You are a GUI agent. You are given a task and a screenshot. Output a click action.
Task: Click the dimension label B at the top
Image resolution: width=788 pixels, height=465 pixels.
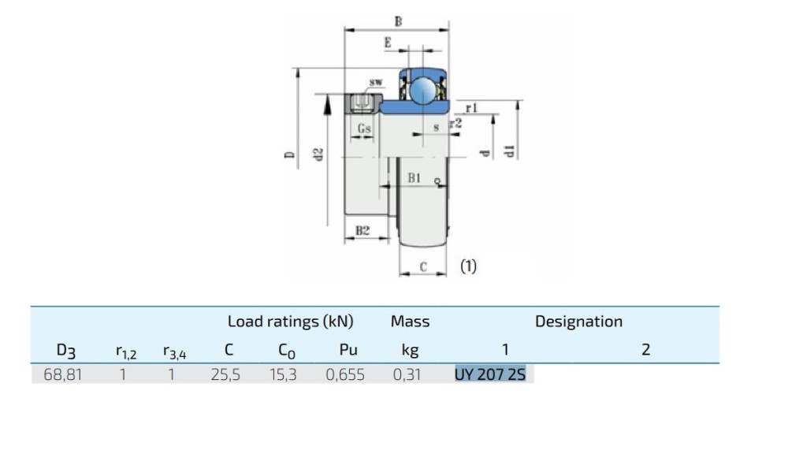pos(398,22)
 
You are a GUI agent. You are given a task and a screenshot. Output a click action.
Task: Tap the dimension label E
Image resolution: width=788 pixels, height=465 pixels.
pos(388,43)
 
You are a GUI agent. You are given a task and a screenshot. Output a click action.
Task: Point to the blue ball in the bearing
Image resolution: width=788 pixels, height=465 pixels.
pos(422,90)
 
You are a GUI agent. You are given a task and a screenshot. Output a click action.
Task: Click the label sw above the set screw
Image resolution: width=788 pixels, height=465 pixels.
pos(377,82)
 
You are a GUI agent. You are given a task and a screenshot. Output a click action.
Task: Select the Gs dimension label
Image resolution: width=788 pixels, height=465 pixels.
pos(364,128)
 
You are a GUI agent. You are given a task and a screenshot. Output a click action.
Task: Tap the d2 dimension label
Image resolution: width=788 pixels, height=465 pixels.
pos(318,155)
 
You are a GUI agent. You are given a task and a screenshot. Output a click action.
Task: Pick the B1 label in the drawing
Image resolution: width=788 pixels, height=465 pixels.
pos(414,179)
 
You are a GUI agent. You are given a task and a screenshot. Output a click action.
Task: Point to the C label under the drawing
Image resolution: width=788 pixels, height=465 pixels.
pos(423,267)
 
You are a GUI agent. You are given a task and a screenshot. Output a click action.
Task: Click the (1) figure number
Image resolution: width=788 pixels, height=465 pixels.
pos(468,266)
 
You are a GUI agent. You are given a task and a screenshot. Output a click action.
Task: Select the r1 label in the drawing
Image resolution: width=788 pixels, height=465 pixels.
pos(472,107)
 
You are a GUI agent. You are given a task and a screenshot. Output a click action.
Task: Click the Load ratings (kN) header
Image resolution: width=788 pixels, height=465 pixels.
pos(290,322)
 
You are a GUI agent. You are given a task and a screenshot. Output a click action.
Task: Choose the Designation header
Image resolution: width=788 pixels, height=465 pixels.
pos(578,322)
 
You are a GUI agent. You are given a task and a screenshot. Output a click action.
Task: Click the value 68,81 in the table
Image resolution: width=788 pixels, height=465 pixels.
pos(62,374)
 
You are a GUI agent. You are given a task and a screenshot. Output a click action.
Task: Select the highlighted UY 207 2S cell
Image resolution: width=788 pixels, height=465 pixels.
pos(490,374)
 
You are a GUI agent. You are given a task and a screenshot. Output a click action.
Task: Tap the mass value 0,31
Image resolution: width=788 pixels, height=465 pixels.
pos(407,374)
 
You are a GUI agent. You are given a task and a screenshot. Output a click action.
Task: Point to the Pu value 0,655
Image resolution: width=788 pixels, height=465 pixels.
pos(345,374)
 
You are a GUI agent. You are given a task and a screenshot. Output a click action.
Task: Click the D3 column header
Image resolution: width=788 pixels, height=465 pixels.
pos(65,350)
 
